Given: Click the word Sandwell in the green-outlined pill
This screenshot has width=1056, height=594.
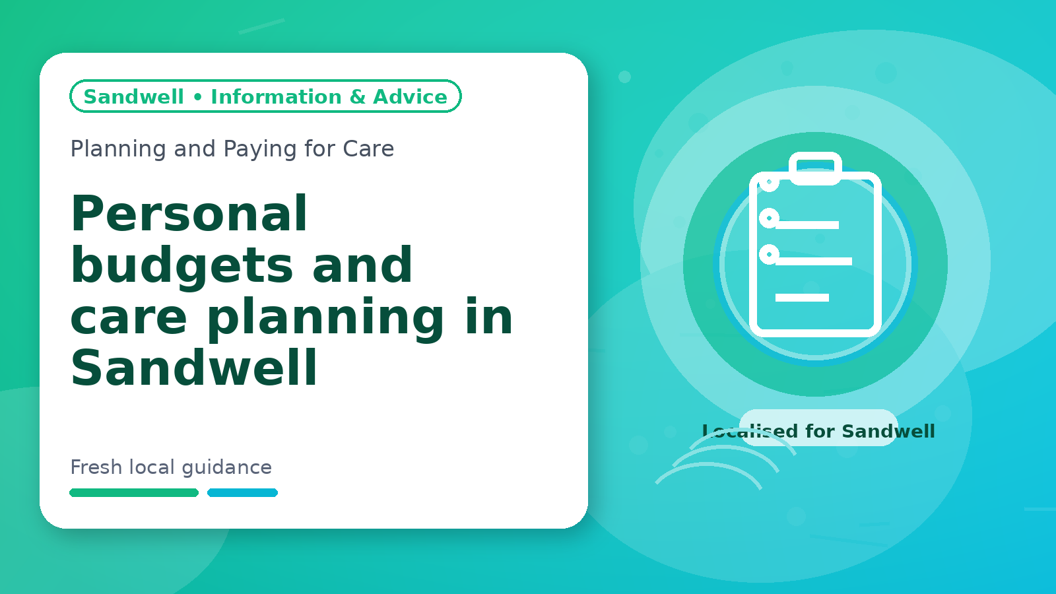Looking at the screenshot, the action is (133, 96).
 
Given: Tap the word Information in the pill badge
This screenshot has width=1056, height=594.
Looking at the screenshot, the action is (276, 96).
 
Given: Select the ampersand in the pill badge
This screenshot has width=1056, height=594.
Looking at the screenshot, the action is (357, 96).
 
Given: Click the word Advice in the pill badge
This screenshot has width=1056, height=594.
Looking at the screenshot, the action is (410, 96).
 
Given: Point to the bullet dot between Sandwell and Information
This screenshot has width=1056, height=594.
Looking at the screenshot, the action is (197, 97).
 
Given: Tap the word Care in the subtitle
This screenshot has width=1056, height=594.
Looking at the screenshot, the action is (368, 148).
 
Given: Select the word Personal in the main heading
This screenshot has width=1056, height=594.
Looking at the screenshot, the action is (189, 213).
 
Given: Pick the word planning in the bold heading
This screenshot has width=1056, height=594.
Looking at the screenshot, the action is (325, 318).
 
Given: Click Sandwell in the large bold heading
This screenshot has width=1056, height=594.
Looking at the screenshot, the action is (194, 367).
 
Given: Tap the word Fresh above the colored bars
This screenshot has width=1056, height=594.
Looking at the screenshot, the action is (96, 467).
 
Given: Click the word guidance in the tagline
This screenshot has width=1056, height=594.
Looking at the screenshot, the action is (227, 468).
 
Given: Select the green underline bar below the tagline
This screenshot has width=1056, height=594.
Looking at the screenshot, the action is (134, 492).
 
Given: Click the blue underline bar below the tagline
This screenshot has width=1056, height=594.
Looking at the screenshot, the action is (242, 492).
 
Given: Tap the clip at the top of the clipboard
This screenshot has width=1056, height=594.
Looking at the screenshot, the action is (815, 168).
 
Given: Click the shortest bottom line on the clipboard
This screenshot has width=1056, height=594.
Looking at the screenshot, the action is (802, 298).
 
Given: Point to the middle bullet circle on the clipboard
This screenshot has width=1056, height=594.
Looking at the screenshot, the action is (769, 218).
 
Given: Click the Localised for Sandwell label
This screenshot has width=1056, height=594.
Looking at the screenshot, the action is (818, 431).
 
